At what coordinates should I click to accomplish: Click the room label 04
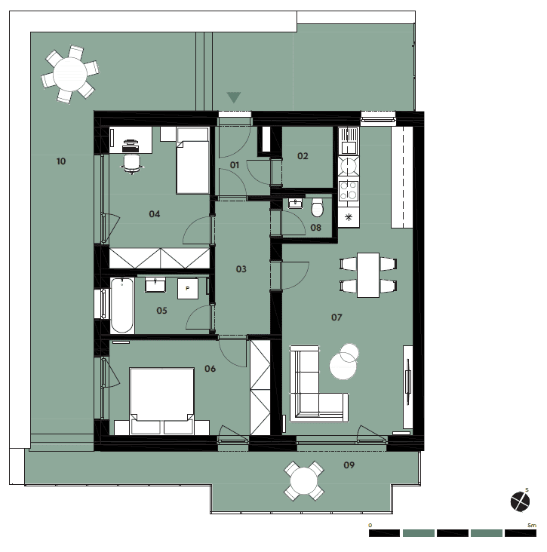pos(154,214)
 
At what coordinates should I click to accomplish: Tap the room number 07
pos(336,317)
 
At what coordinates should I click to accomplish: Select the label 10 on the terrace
pos(61,161)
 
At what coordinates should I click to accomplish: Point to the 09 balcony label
pos(349,465)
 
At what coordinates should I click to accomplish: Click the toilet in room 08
pos(317,207)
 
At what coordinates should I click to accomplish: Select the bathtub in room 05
pos(122,305)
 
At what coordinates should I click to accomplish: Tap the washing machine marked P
pos(187,289)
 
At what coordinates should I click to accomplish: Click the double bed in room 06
pos(161,401)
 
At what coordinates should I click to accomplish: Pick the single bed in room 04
pos(192,161)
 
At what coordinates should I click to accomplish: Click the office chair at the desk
pos(132,164)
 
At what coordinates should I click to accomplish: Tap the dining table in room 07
pos(368,275)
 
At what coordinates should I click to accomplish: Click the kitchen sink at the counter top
pos(349,140)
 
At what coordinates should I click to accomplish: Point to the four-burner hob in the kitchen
pos(349,191)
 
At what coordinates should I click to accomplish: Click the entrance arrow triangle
pos(234,97)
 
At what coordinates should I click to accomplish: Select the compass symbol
pos(520,501)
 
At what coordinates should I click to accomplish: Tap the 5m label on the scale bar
pos(532,526)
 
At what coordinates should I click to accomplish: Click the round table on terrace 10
pos(70,75)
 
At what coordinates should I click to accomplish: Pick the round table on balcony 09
pos(304,481)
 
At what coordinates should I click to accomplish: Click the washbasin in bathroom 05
pos(155,284)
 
